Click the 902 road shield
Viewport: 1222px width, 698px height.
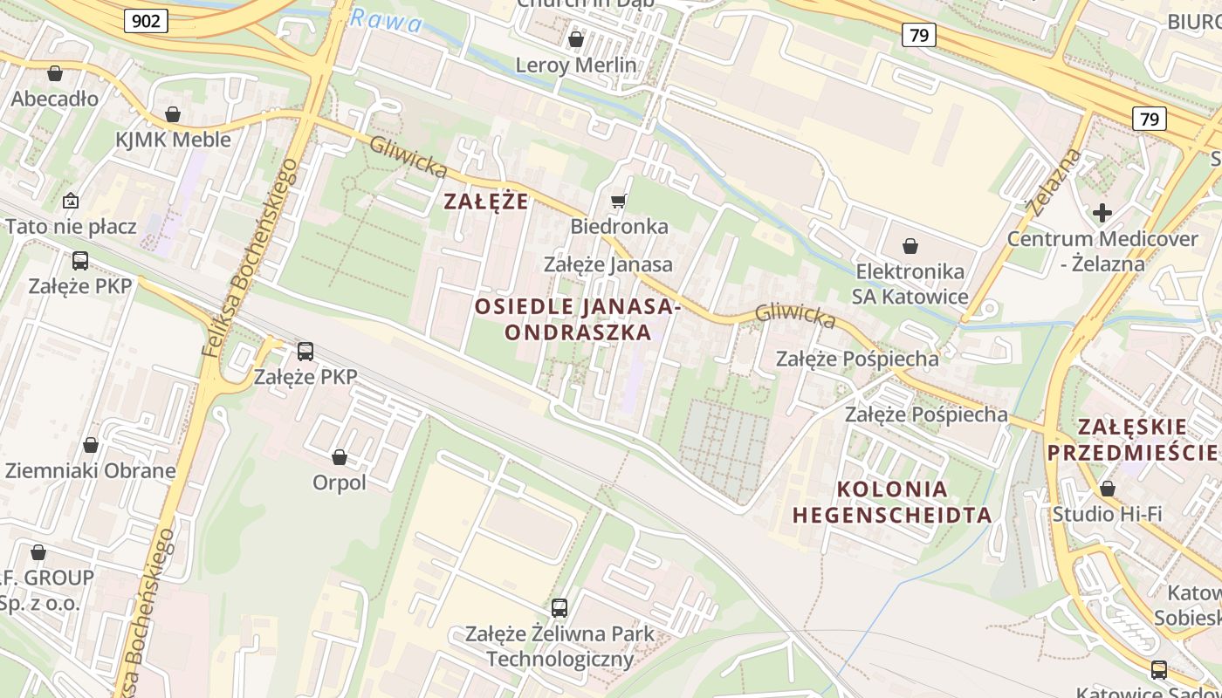(x=146, y=20)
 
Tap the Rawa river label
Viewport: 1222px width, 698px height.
(x=385, y=21)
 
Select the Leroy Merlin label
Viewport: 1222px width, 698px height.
(x=576, y=65)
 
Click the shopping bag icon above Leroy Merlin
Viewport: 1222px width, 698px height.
(x=576, y=39)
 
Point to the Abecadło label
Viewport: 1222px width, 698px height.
(x=54, y=99)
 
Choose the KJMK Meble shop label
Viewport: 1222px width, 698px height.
(x=173, y=140)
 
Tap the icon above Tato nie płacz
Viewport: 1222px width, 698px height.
(x=71, y=202)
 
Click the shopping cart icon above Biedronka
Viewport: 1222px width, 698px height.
(x=619, y=202)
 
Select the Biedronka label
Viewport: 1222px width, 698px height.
(x=619, y=227)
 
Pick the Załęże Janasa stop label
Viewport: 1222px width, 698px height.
(x=608, y=264)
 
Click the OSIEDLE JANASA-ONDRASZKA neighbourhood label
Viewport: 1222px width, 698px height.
(x=577, y=319)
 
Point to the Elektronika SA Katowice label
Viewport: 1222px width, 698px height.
(x=911, y=284)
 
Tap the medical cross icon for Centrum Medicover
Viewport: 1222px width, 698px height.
(x=1102, y=212)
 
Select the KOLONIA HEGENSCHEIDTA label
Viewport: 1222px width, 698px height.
(x=892, y=502)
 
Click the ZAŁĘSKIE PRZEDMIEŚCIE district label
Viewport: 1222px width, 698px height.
(x=1132, y=439)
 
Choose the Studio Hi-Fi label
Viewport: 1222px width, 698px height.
(x=1107, y=514)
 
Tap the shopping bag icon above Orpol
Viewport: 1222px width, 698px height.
(x=340, y=457)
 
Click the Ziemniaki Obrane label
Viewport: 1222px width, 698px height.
(x=91, y=471)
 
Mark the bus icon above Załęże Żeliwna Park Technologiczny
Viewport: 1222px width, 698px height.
(x=560, y=607)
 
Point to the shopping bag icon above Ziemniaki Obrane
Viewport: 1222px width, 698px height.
(x=91, y=445)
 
